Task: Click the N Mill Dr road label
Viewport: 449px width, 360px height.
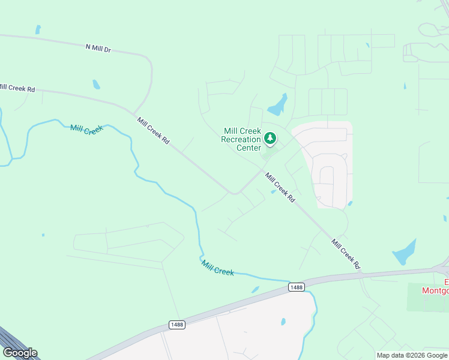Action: click(98, 48)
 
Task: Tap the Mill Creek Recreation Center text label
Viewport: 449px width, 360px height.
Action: click(242, 139)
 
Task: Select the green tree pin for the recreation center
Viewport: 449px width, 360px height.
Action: click(270, 140)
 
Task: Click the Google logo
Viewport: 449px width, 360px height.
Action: click(20, 353)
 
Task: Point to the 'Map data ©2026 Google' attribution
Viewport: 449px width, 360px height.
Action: click(412, 355)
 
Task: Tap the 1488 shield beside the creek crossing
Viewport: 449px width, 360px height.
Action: click(295, 287)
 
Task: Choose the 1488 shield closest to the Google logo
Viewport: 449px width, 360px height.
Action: click(177, 325)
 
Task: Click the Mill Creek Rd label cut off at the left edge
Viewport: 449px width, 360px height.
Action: click(17, 88)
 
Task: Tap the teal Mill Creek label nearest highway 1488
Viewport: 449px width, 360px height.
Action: click(217, 268)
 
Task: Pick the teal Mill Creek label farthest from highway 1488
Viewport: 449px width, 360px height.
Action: click(86, 129)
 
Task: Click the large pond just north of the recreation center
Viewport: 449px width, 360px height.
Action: click(278, 106)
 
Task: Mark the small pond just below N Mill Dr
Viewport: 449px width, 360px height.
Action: click(96, 85)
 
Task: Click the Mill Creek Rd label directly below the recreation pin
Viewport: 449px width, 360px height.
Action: click(280, 188)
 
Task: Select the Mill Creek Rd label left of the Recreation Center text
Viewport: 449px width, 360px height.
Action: click(154, 133)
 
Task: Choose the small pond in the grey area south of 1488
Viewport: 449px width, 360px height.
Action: click(283, 322)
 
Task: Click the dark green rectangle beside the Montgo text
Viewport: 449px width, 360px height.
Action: click(427, 298)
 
